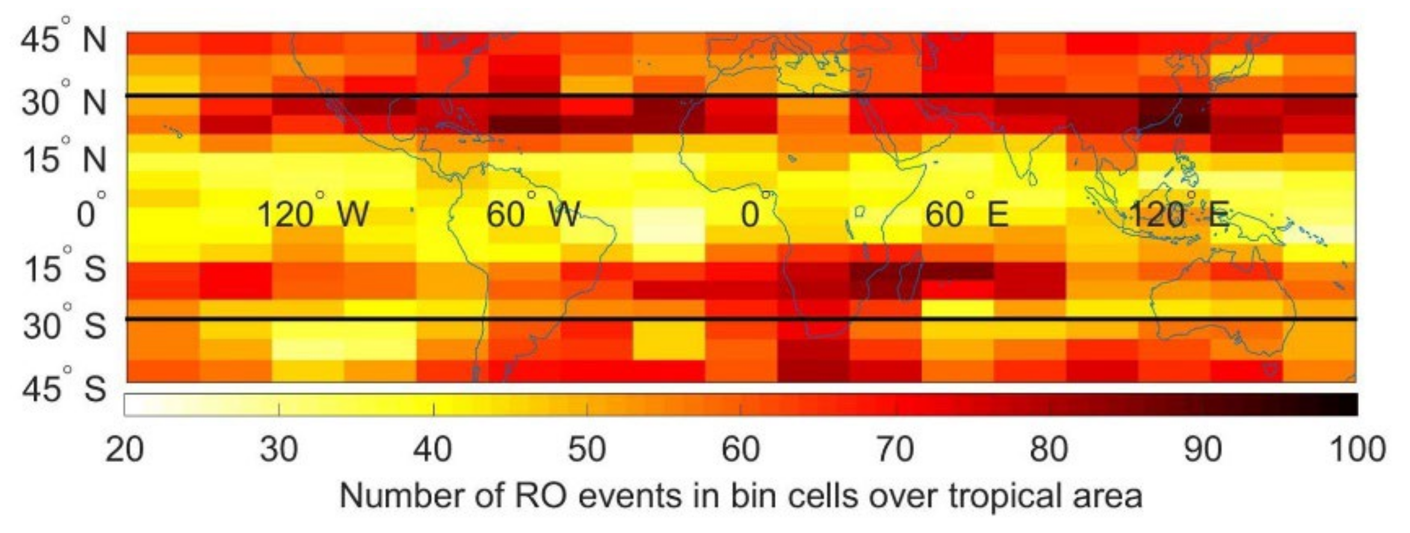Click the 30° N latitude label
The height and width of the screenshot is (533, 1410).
63,103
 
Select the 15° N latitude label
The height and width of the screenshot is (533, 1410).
63,160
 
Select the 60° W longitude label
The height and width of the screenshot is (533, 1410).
533,214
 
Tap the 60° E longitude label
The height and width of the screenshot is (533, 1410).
966,214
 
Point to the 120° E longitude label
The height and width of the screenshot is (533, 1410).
1178,214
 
